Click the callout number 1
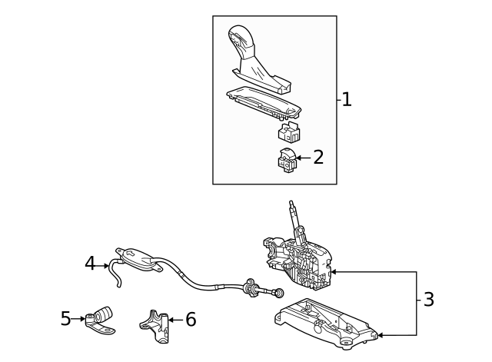[347, 99]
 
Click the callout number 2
[317, 158]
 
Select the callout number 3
[428, 300]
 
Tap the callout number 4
[90, 264]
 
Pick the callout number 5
[65, 318]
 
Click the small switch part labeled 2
[286, 159]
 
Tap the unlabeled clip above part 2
[289, 131]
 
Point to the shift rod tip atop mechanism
[291, 205]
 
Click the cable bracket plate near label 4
[138, 258]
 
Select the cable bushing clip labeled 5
[101, 318]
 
